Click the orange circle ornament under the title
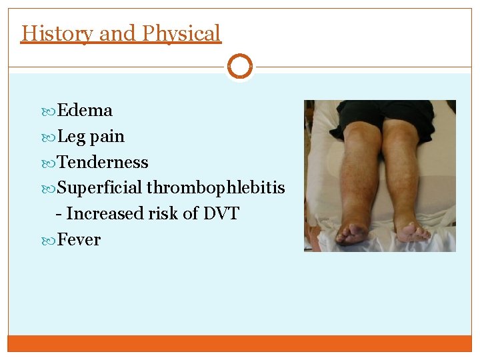pyautogui.click(x=240, y=67)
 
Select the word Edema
pyautogui.click(x=85, y=110)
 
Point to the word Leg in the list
pyautogui.click(x=71, y=137)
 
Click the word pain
pyautogui.click(x=107, y=137)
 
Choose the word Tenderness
pyautogui.click(x=103, y=162)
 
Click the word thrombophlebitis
pyautogui.click(x=215, y=188)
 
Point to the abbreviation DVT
pyautogui.click(x=221, y=213)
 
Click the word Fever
pyautogui.click(x=79, y=239)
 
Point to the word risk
pyautogui.click(x=162, y=213)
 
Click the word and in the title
pyautogui.click(x=115, y=33)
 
